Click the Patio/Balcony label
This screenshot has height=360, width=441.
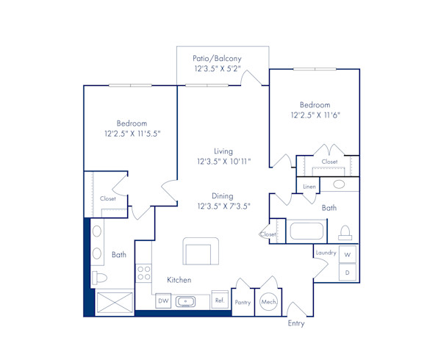(217, 58)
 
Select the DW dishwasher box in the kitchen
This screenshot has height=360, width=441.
(162, 300)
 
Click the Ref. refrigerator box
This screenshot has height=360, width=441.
(218, 300)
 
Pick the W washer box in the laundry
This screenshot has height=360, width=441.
(348, 254)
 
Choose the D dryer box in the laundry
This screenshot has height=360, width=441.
(348, 272)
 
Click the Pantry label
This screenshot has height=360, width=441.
(243, 302)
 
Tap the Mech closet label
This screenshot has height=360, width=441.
(268, 302)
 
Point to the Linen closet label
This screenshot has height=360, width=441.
(309, 187)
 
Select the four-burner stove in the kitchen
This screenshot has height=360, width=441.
(143, 274)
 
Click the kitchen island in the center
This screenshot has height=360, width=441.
(201, 251)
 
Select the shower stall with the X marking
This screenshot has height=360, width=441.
(115, 302)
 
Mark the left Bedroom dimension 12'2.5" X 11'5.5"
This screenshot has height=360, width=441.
(132, 134)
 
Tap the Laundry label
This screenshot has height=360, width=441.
(326, 253)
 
